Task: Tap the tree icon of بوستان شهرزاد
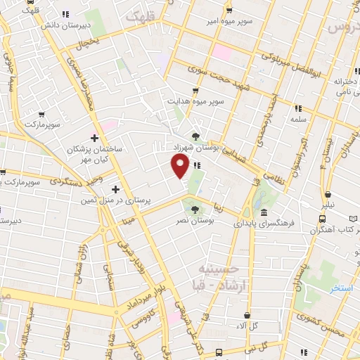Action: coord(195,136)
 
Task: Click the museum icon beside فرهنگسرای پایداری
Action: coord(263,212)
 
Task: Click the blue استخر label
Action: coord(343,288)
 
